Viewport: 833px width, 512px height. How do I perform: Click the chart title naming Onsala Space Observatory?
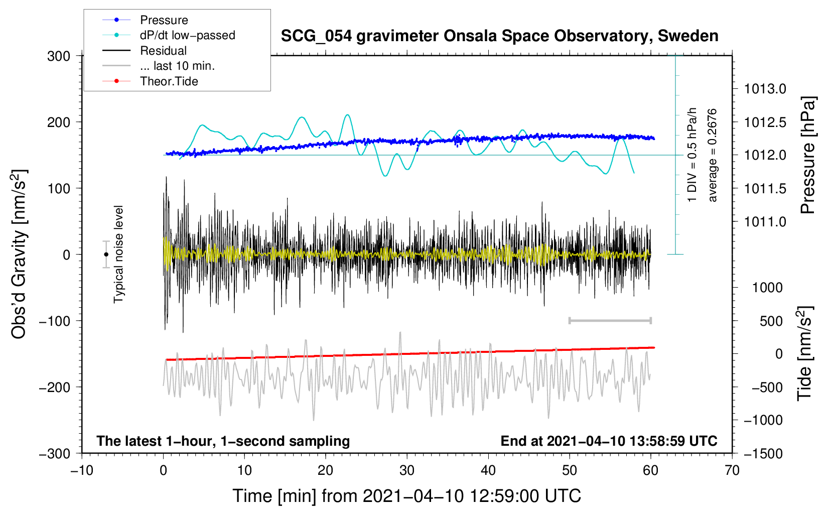[x=499, y=36]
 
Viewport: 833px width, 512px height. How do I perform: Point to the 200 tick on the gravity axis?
[x=58, y=122]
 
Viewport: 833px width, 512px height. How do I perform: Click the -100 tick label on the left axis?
[x=55, y=321]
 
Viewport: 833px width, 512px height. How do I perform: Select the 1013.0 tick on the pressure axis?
[x=765, y=89]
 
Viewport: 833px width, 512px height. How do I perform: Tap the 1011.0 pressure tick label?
[x=765, y=222]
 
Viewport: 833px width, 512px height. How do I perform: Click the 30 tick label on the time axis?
[x=407, y=471]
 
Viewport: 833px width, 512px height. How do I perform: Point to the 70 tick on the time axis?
[x=732, y=471]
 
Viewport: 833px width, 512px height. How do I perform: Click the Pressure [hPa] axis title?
[x=808, y=155]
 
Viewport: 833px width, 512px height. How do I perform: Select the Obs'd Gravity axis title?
[x=19, y=254]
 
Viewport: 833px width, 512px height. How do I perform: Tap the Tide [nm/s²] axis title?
[x=805, y=353]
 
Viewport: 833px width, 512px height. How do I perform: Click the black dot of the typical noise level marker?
[x=106, y=254]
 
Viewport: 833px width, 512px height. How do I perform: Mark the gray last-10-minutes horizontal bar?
[x=610, y=321]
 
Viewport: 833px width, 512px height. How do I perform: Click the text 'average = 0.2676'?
[x=712, y=155]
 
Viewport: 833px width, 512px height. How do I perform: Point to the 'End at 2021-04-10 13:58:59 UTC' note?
[x=609, y=441]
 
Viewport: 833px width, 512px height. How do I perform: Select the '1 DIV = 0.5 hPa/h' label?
[x=691, y=155]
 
